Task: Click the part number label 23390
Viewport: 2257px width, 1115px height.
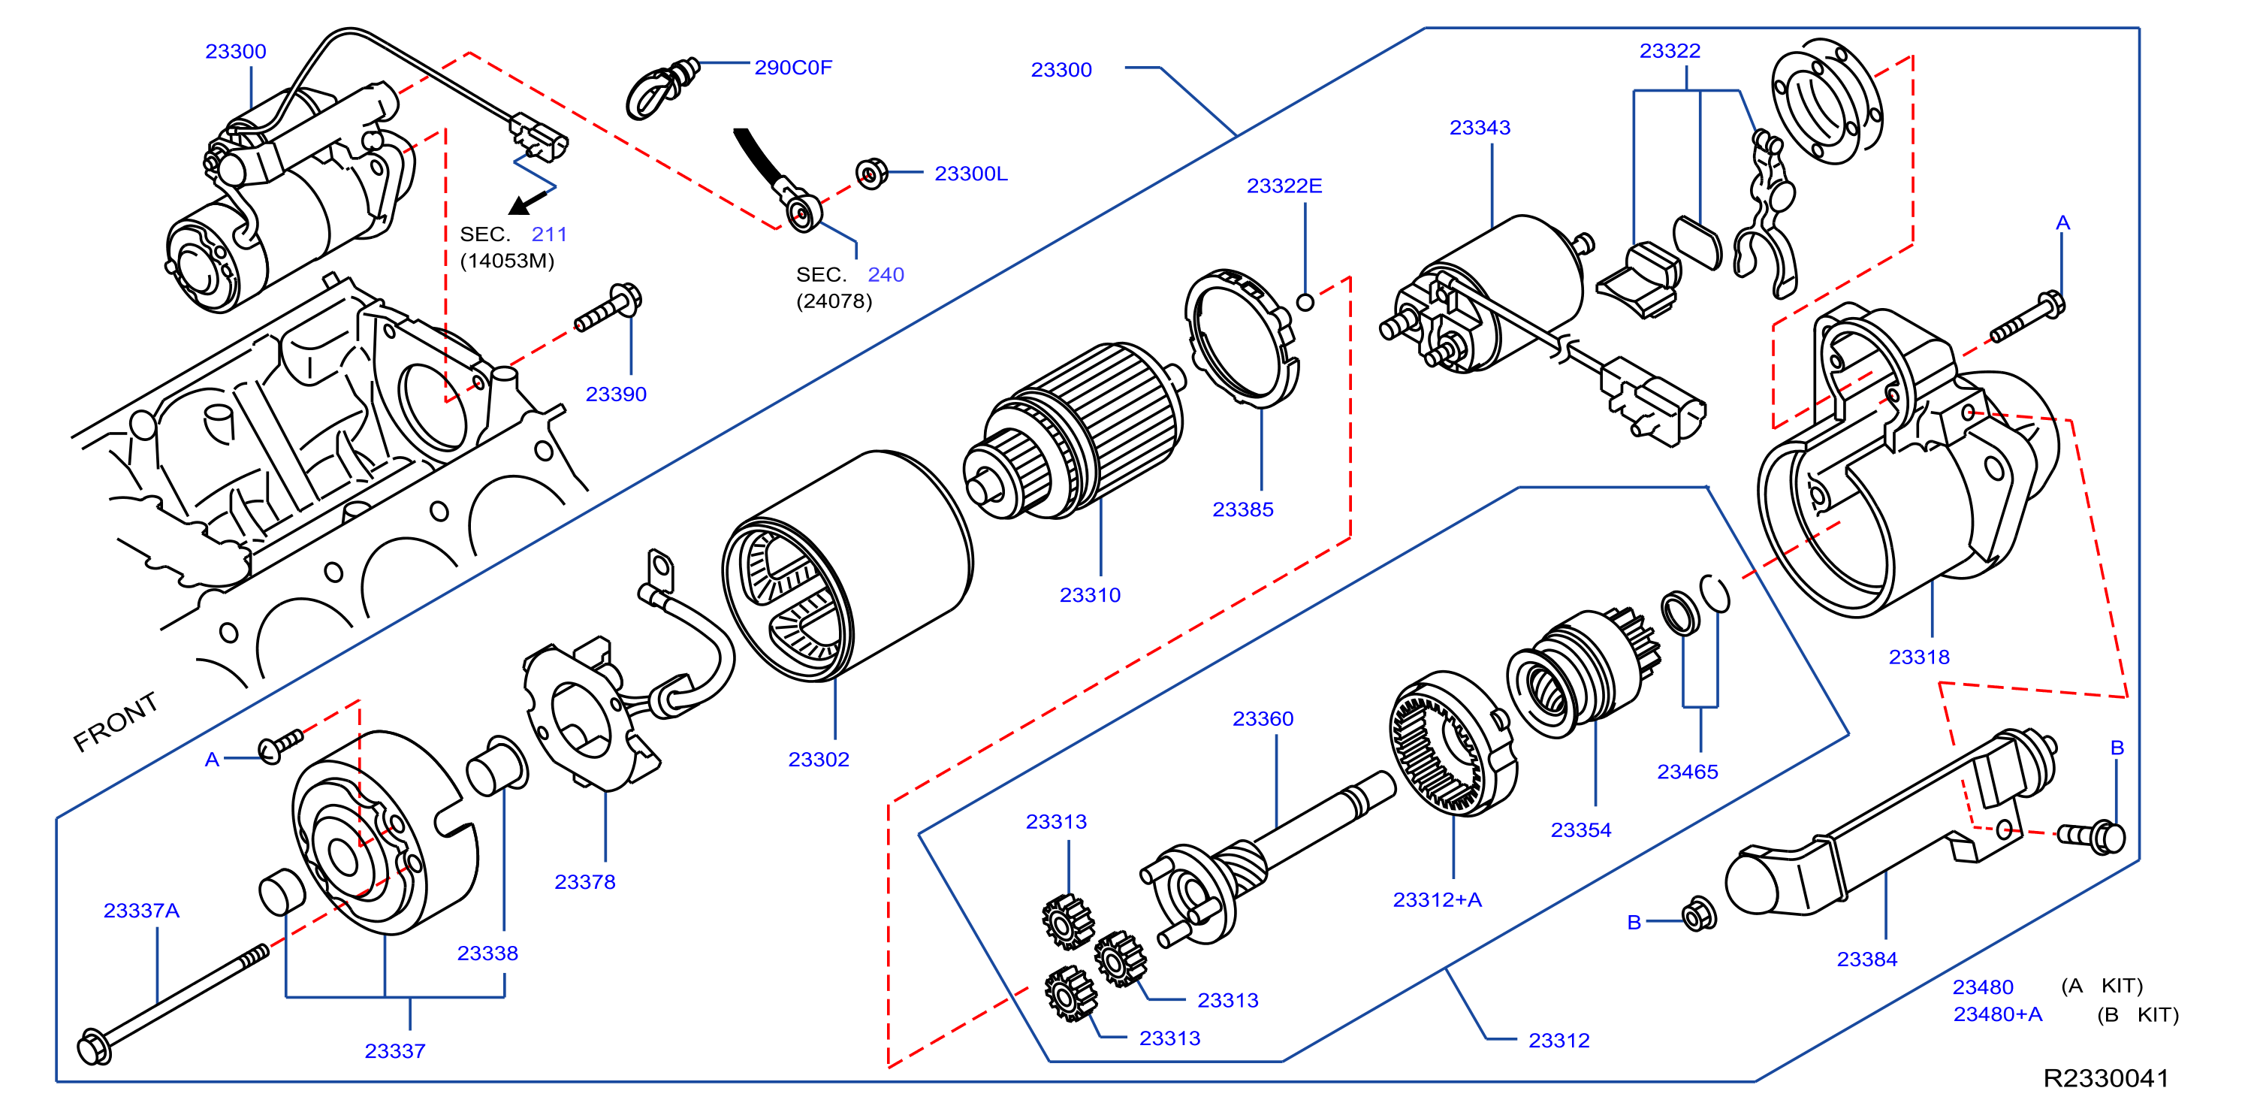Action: point(616,394)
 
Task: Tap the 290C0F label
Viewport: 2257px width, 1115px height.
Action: point(793,68)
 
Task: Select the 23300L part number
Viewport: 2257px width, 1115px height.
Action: point(971,174)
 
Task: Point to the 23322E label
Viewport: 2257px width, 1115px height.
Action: point(1284,186)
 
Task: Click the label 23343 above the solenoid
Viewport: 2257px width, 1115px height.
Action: point(1480,128)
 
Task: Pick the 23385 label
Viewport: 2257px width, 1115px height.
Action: point(1242,509)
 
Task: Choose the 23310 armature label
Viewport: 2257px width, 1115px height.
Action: point(1090,595)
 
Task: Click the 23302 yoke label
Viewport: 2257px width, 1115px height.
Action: point(819,759)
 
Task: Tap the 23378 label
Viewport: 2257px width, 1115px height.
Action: point(584,882)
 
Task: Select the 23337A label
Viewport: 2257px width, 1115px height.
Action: point(141,911)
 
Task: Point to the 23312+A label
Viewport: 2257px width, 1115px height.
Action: point(1437,900)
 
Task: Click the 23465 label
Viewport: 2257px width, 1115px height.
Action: point(1688,772)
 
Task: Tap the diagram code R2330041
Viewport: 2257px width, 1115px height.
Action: point(2105,1078)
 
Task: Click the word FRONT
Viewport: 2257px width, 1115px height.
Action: point(116,721)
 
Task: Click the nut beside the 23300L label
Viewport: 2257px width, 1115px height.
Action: point(871,174)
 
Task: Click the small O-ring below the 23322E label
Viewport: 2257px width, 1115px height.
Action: point(1305,302)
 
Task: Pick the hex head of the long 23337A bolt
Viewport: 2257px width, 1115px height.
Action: point(94,1047)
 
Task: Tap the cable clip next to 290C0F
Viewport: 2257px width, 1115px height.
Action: point(662,88)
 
